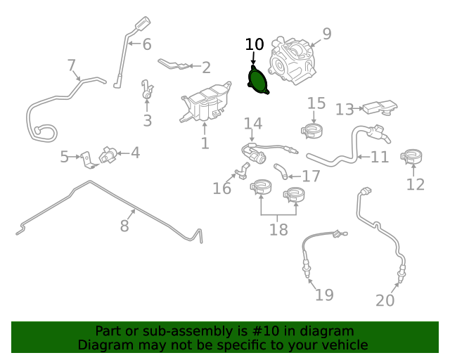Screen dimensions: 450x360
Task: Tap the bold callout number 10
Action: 255,44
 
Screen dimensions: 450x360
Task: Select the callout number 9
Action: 327,34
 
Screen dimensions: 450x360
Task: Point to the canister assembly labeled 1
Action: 205,102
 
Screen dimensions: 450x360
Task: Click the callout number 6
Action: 147,44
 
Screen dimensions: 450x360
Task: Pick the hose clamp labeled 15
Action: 312,131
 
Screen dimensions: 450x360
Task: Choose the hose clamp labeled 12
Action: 411,157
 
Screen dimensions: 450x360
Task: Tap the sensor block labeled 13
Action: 380,108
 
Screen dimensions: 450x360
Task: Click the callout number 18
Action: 278,230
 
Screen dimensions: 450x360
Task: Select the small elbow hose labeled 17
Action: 281,171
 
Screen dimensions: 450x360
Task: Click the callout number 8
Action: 124,226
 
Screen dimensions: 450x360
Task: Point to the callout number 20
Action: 385,300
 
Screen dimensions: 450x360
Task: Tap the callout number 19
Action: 324,295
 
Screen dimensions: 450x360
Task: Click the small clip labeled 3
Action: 147,89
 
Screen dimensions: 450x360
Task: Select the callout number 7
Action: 72,65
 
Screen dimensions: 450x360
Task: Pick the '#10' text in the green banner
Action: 266,331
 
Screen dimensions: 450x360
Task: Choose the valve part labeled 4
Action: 108,155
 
